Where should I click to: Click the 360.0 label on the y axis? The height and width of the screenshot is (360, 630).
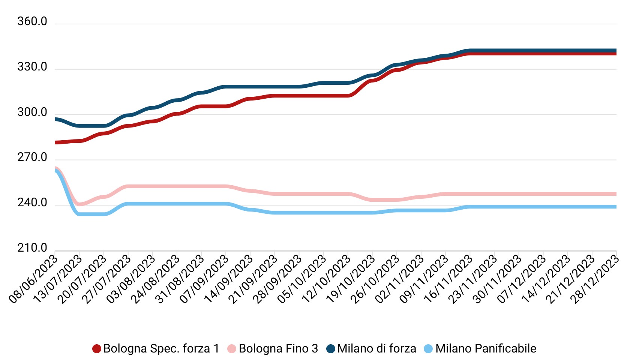point(32,22)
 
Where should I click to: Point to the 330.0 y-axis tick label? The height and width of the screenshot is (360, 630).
point(32,67)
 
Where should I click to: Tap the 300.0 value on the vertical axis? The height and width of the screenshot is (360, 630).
point(32,112)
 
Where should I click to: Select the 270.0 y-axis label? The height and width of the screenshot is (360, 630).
point(32,157)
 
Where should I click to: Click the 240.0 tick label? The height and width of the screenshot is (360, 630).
point(32,203)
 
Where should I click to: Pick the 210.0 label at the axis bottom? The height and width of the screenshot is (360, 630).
point(32,248)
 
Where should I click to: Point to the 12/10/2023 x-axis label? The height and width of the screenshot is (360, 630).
point(326,278)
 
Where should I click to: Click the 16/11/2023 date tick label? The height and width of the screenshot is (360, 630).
point(448,278)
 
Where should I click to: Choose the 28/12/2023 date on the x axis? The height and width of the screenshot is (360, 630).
point(594,278)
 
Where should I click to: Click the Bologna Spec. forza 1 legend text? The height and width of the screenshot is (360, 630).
point(161,349)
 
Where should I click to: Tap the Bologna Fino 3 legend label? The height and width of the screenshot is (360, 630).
point(278,349)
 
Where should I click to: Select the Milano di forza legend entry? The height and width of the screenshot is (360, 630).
point(376,349)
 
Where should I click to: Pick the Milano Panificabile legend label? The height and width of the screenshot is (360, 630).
point(486,349)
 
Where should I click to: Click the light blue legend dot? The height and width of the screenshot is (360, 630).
point(428,349)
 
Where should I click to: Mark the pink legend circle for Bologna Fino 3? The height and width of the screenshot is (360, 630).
point(232,349)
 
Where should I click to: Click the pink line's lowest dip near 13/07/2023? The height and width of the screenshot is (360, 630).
point(79,204)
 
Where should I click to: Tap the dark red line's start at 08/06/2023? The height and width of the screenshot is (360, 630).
point(56,142)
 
